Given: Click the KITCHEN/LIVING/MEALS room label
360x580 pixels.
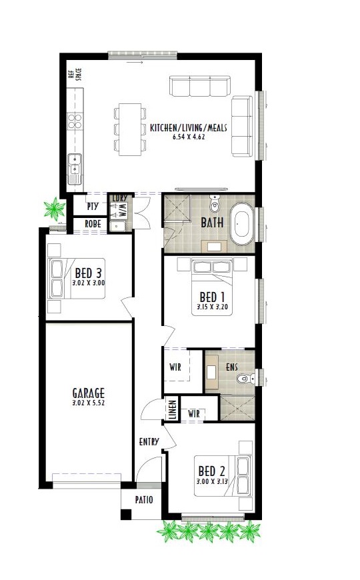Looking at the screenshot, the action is click(x=188, y=129).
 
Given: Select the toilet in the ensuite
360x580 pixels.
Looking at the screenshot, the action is click(x=246, y=378).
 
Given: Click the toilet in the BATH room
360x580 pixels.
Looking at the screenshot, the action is click(x=214, y=203).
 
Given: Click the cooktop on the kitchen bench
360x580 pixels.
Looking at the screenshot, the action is click(x=75, y=121).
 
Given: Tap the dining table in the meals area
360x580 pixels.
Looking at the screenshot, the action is click(x=130, y=129).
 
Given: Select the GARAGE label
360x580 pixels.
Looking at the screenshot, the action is click(x=89, y=393).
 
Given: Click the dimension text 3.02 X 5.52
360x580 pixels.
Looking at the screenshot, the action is click(x=89, y=403).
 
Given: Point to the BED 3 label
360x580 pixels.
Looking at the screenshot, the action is click(x=88, y=273).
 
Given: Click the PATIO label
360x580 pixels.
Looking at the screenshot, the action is click(x=144, y=500).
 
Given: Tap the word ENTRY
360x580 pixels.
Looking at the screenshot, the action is click(x=149, y=441).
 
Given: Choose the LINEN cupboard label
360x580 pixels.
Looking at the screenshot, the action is click(x=173, y=409).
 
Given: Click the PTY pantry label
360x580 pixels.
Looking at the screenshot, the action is click(x=92, y=207).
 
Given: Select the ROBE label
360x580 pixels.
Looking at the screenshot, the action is click(x=93, y=224).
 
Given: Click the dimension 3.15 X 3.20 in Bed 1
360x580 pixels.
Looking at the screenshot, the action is click(x=212, y=307).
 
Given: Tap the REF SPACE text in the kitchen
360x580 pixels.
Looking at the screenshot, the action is click(x=75, y=74).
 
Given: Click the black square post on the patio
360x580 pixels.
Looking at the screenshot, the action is click(x=126, y=515).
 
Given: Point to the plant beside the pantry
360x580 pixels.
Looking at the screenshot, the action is click(x=55, y=209).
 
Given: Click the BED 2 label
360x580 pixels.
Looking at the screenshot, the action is click(x=211, y=471).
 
